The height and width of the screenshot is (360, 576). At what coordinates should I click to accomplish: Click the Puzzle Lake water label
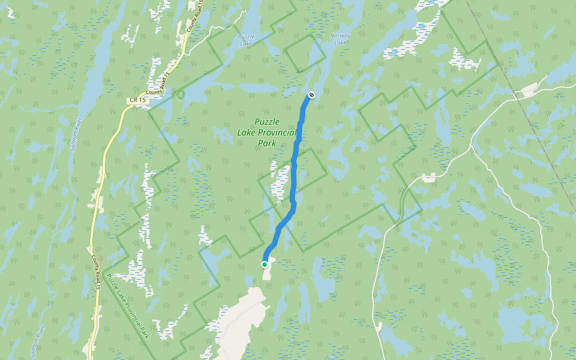(x=246, y=40)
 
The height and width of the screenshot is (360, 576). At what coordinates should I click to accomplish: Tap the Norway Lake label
(x=340, y=39)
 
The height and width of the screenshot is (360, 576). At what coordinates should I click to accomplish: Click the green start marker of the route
(x=265, y=264)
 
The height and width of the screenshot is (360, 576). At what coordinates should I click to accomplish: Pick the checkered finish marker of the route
(x=311, y=95)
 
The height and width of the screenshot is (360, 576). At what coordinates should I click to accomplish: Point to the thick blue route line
(x=294, y=180)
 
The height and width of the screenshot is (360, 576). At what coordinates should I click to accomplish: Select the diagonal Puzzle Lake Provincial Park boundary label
(x=127, y=306)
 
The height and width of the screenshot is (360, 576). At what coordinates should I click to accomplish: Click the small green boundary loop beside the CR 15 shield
(x=179, y=94)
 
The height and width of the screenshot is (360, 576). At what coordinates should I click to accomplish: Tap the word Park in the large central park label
(x=267, y=143)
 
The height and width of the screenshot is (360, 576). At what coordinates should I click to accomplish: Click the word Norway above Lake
(x=340, y=35)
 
